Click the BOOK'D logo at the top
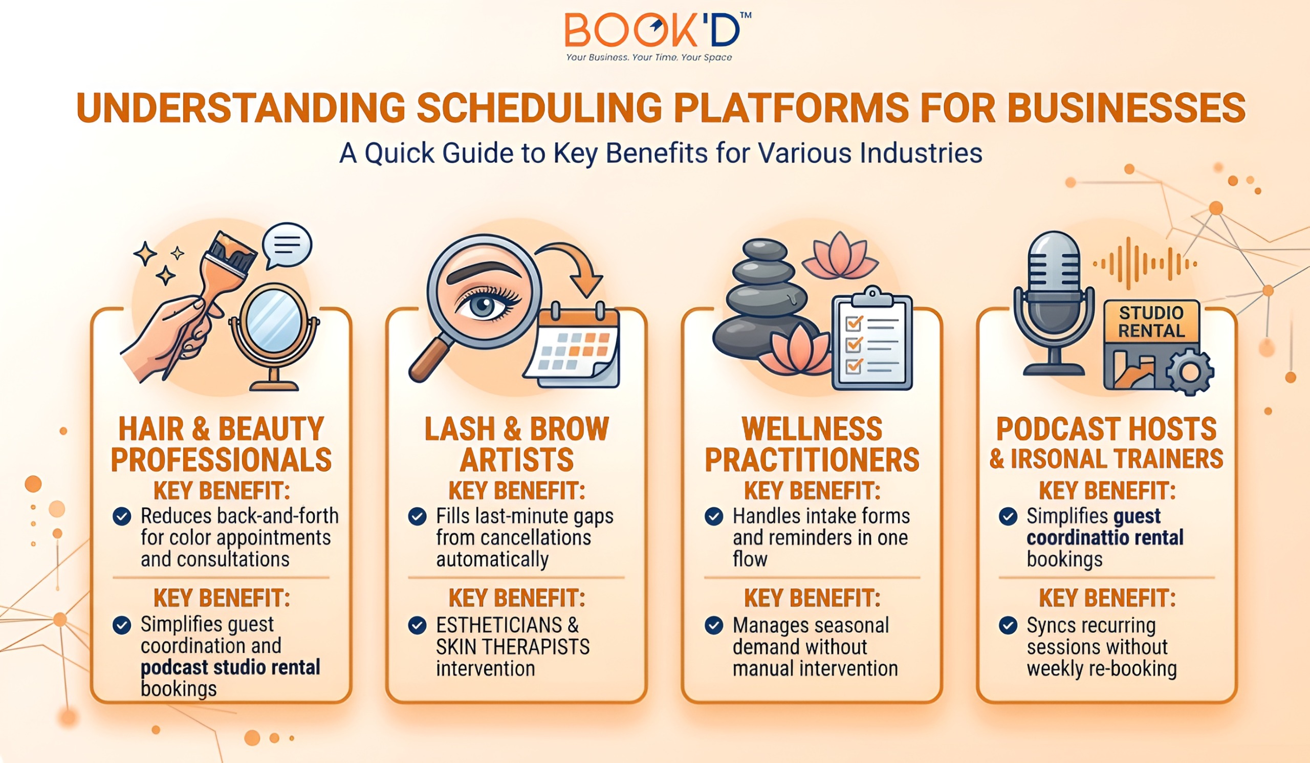pos(658,36)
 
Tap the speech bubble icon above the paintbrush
pos(287,245)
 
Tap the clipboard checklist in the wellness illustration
pos(872,338)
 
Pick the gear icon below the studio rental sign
pos(1190,372)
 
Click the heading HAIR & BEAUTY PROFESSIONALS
pos(222,444)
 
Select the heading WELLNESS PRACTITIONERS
pos(812,444)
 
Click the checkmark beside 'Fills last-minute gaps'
pos(417,517)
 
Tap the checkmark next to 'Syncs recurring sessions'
pos(1008,625)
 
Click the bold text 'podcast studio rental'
pos(230,667)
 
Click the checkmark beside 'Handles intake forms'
pos(714,517)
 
